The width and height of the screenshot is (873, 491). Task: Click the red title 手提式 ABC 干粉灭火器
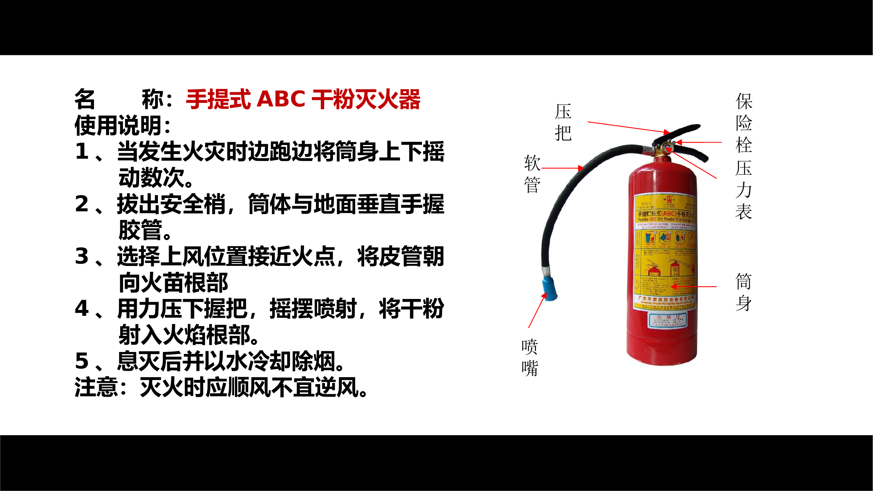click(x=303, y=99)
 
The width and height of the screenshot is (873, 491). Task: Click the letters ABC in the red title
click(x=281, y=99)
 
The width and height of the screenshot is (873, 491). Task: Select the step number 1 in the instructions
click(x=82, y=152)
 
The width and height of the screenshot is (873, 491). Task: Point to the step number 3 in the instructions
click(x=82, y=256)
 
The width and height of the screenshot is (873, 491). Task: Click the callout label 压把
click(x=563, y=122)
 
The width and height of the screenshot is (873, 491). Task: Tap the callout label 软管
click(x=532, y=174)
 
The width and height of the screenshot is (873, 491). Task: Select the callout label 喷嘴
click(x=530, y=357)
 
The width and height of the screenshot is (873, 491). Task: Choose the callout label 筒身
click(x=743, y=292)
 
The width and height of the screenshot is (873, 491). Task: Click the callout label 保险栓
click(x=744, y=123)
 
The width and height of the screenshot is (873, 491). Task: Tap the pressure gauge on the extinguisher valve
click(x=668, y=148)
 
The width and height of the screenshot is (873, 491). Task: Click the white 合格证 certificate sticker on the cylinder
click(x=667, y=320)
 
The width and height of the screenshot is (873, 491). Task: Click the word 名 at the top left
click(x=85, y=99)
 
